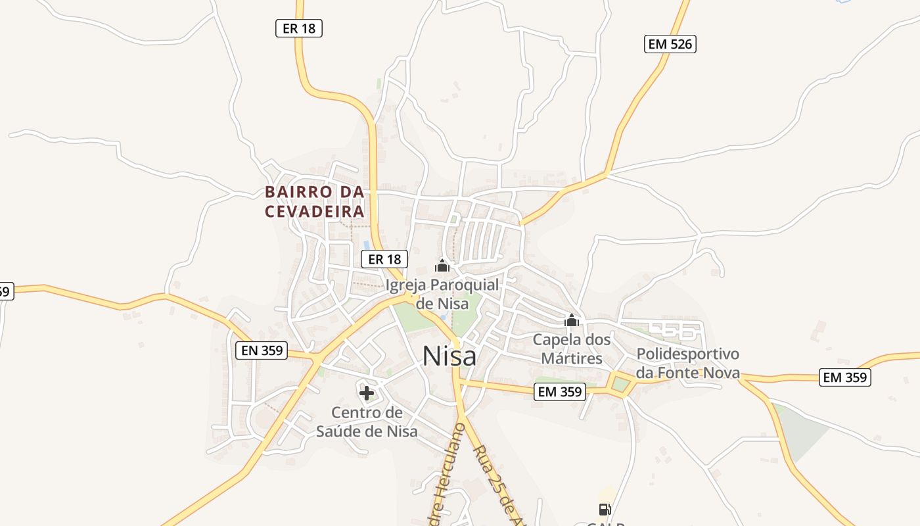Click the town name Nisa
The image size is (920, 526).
[449, 356]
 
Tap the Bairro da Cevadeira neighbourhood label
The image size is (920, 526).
[314, 202]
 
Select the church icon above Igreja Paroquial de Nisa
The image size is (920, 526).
[442, 266]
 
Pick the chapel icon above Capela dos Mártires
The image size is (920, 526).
[572, 320]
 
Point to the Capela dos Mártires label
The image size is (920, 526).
[571, 349]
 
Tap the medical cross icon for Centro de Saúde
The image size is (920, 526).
[367, 393]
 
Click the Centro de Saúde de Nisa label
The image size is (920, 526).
[367, 422]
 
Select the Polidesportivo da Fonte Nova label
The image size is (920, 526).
[688, 364]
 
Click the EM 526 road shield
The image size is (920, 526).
[670, 44]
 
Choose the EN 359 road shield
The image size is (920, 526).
[262, 350]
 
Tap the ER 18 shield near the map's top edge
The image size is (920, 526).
[298, 28]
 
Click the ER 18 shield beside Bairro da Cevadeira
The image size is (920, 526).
[384, 259]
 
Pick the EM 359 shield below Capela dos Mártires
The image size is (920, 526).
[559, 392]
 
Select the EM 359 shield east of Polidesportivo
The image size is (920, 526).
[846, 377]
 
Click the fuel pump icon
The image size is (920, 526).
[605, 509]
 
